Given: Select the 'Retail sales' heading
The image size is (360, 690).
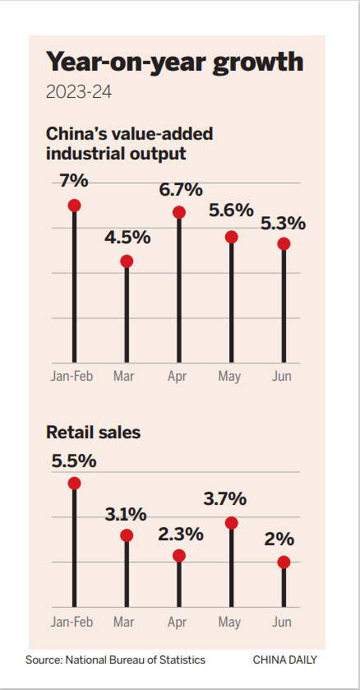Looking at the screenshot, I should (93, 432).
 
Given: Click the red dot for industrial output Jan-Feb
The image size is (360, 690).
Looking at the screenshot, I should (74, 205).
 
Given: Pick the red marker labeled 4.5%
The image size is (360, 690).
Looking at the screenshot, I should (127, 261).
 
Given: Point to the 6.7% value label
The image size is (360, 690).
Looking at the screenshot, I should (181, 189).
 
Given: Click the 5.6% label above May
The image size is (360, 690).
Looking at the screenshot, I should (231, 211).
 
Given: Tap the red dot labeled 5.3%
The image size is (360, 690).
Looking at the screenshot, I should (284, 243).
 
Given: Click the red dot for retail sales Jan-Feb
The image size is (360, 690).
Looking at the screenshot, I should (74, 484).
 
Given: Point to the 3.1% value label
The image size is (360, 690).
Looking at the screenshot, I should (126, 515).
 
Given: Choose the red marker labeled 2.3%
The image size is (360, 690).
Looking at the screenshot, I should (179, 555).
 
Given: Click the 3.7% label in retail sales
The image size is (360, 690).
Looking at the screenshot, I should (231, 498).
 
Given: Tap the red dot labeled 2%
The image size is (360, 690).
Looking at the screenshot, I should (284, 563).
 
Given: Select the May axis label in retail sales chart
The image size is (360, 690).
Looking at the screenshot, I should (231, 622).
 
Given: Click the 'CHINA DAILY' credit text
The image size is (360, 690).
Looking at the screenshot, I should (284, 660).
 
